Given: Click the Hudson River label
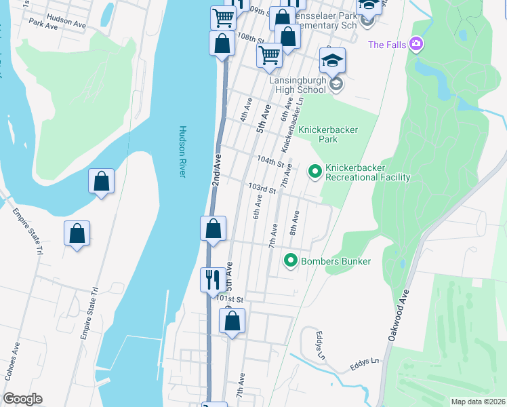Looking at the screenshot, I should (x=182, y=152).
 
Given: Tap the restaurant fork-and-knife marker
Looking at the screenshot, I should (x=214, y=278).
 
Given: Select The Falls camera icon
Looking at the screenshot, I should (x=416, y=45).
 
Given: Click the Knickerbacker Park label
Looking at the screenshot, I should (x=329, y=134).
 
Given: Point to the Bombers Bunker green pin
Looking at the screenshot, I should (x=291, y=260).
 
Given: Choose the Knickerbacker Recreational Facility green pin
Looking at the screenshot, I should (x=315, y=172).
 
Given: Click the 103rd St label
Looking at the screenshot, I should (x=262, y=187).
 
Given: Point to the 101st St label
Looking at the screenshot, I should (x=230, y=298).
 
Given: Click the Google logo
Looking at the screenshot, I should (x=22, y=399).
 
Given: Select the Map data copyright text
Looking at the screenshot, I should (x=479, y=402).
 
